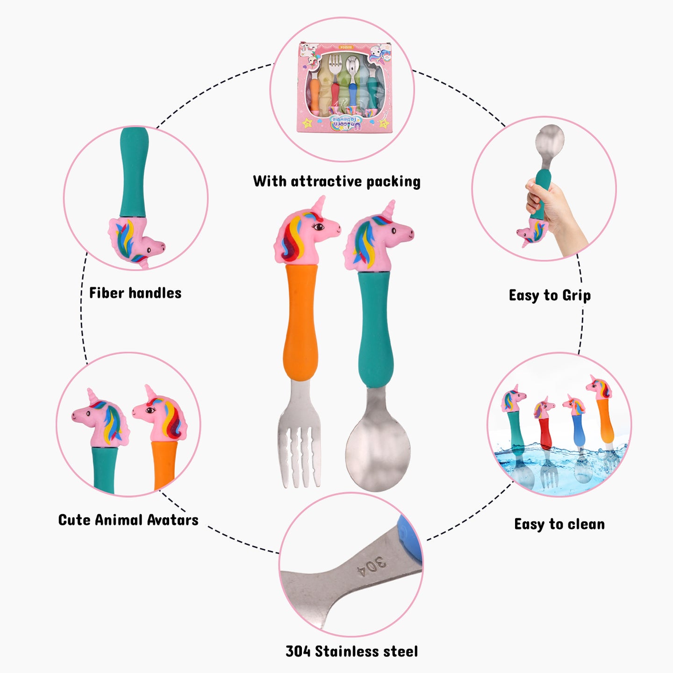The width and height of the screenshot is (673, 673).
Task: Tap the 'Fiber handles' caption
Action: (x=135, y=293)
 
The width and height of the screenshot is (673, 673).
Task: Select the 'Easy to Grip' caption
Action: (x=550, y=295)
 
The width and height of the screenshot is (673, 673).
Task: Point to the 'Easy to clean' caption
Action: (x=559, y=524)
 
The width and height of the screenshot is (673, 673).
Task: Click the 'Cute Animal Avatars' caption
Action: (x=128, y=520)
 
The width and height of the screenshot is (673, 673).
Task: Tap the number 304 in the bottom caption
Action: (x=298, y=652)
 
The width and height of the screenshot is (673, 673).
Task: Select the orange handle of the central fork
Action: (x=301, y=322)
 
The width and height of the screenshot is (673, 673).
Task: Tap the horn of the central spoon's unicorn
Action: (x=389, y=208)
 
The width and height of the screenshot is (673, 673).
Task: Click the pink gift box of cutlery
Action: (x=345, y=87)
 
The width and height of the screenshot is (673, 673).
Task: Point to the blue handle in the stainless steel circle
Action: (x=410, y=538)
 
